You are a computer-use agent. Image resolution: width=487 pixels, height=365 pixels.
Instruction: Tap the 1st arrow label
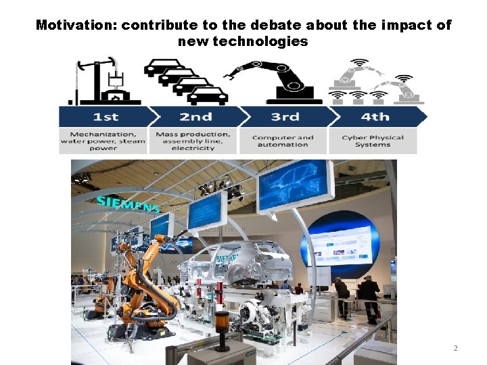point(105,116)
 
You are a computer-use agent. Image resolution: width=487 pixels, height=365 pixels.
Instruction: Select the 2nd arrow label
point(195,116)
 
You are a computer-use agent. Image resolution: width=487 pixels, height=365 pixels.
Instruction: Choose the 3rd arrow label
point(285,116)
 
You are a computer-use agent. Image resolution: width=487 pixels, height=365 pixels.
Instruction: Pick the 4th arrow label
point(374,116)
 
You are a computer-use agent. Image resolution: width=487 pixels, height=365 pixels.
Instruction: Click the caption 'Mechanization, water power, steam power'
point(103,141)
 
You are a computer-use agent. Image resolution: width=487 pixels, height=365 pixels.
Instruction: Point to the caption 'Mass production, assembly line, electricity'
point(193,141)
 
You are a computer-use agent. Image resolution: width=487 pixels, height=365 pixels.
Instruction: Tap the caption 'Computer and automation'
point(283,141)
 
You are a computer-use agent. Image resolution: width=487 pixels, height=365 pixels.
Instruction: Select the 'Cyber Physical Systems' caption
point(373,141)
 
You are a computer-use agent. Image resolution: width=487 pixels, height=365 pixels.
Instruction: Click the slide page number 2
point(455,348)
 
